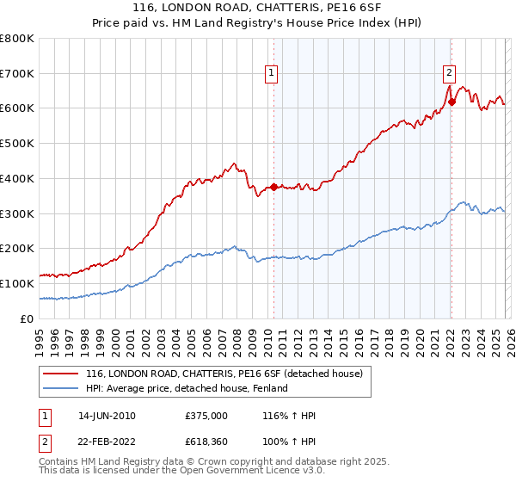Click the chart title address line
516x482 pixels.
point(257,7)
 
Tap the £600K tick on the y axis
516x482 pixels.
point(17,108)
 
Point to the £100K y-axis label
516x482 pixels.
point(17,283)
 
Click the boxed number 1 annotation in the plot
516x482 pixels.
point(271,74)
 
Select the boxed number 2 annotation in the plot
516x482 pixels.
point(449,74)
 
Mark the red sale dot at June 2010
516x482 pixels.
point(273,187)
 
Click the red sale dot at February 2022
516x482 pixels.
point(451,102)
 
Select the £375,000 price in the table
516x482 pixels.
point(206,416)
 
